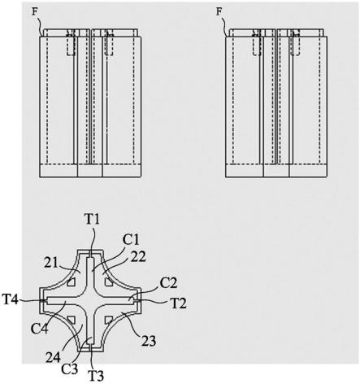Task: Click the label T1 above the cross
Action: point(92,220)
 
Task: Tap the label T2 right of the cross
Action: point(178,303)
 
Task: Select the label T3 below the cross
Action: point(96,376)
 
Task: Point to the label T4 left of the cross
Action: point(11,300)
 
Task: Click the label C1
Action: point(132,240)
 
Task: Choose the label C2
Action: point(168,283)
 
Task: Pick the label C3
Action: point(70,369)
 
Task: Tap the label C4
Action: point(40,329)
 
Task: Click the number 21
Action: point(51,263)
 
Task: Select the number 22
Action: point(138,257)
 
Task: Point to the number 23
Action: point(149,341)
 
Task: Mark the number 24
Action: point(53,358)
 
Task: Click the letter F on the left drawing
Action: point(34,12)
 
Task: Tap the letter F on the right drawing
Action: point(219,12)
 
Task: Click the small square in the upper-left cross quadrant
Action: point(72,282)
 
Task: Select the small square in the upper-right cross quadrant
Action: point(109,282)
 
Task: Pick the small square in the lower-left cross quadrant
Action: point(72,320)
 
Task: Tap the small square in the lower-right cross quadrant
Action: point(109,320)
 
